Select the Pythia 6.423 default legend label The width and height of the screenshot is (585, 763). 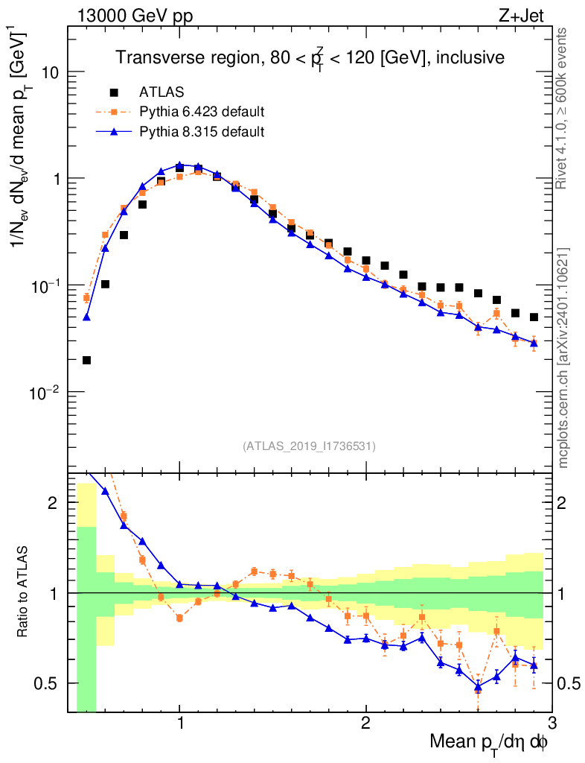click(x=202, y=113)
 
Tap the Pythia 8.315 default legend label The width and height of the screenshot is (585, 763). click(x=202, y=132)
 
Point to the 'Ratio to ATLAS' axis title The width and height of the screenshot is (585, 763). click(x=25, y=592)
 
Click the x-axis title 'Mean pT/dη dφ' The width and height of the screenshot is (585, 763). click(x=490, y=742)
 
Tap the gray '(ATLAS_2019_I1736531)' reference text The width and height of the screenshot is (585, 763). click(x=309, y=446)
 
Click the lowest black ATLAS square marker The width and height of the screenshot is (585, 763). click(x=86, y=361)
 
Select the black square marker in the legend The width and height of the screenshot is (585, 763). click(x=114, y=92)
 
